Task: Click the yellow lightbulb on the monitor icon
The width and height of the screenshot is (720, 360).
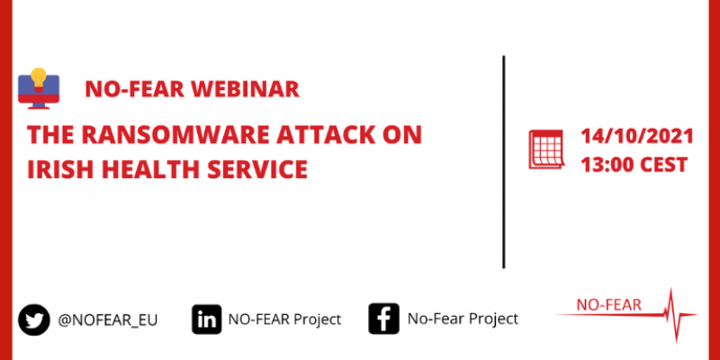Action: [x=39, y=78]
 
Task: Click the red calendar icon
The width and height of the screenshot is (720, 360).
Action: [x=546, y=149]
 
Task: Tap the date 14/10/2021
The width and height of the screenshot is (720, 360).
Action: [x=637, y=137]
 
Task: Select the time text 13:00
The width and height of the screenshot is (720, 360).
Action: [x=607, y=165]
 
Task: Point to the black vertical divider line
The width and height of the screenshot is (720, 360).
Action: [x=504, y=162]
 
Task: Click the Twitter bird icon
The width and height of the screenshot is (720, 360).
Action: [x=34, y=319]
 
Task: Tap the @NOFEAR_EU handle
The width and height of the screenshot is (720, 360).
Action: [x=107, y=320]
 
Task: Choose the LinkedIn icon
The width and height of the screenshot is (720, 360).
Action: [x=207, y=319]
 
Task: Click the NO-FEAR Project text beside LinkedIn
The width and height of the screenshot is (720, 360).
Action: [x=284, y=319]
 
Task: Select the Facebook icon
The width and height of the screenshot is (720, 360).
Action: [x=383, y=319]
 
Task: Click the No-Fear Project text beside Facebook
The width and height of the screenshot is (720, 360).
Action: [x=463, y=319]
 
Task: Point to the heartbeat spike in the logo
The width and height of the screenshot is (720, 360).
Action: [x=673, y=315]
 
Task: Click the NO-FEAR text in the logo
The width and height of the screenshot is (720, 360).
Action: [x=608, y=305]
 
